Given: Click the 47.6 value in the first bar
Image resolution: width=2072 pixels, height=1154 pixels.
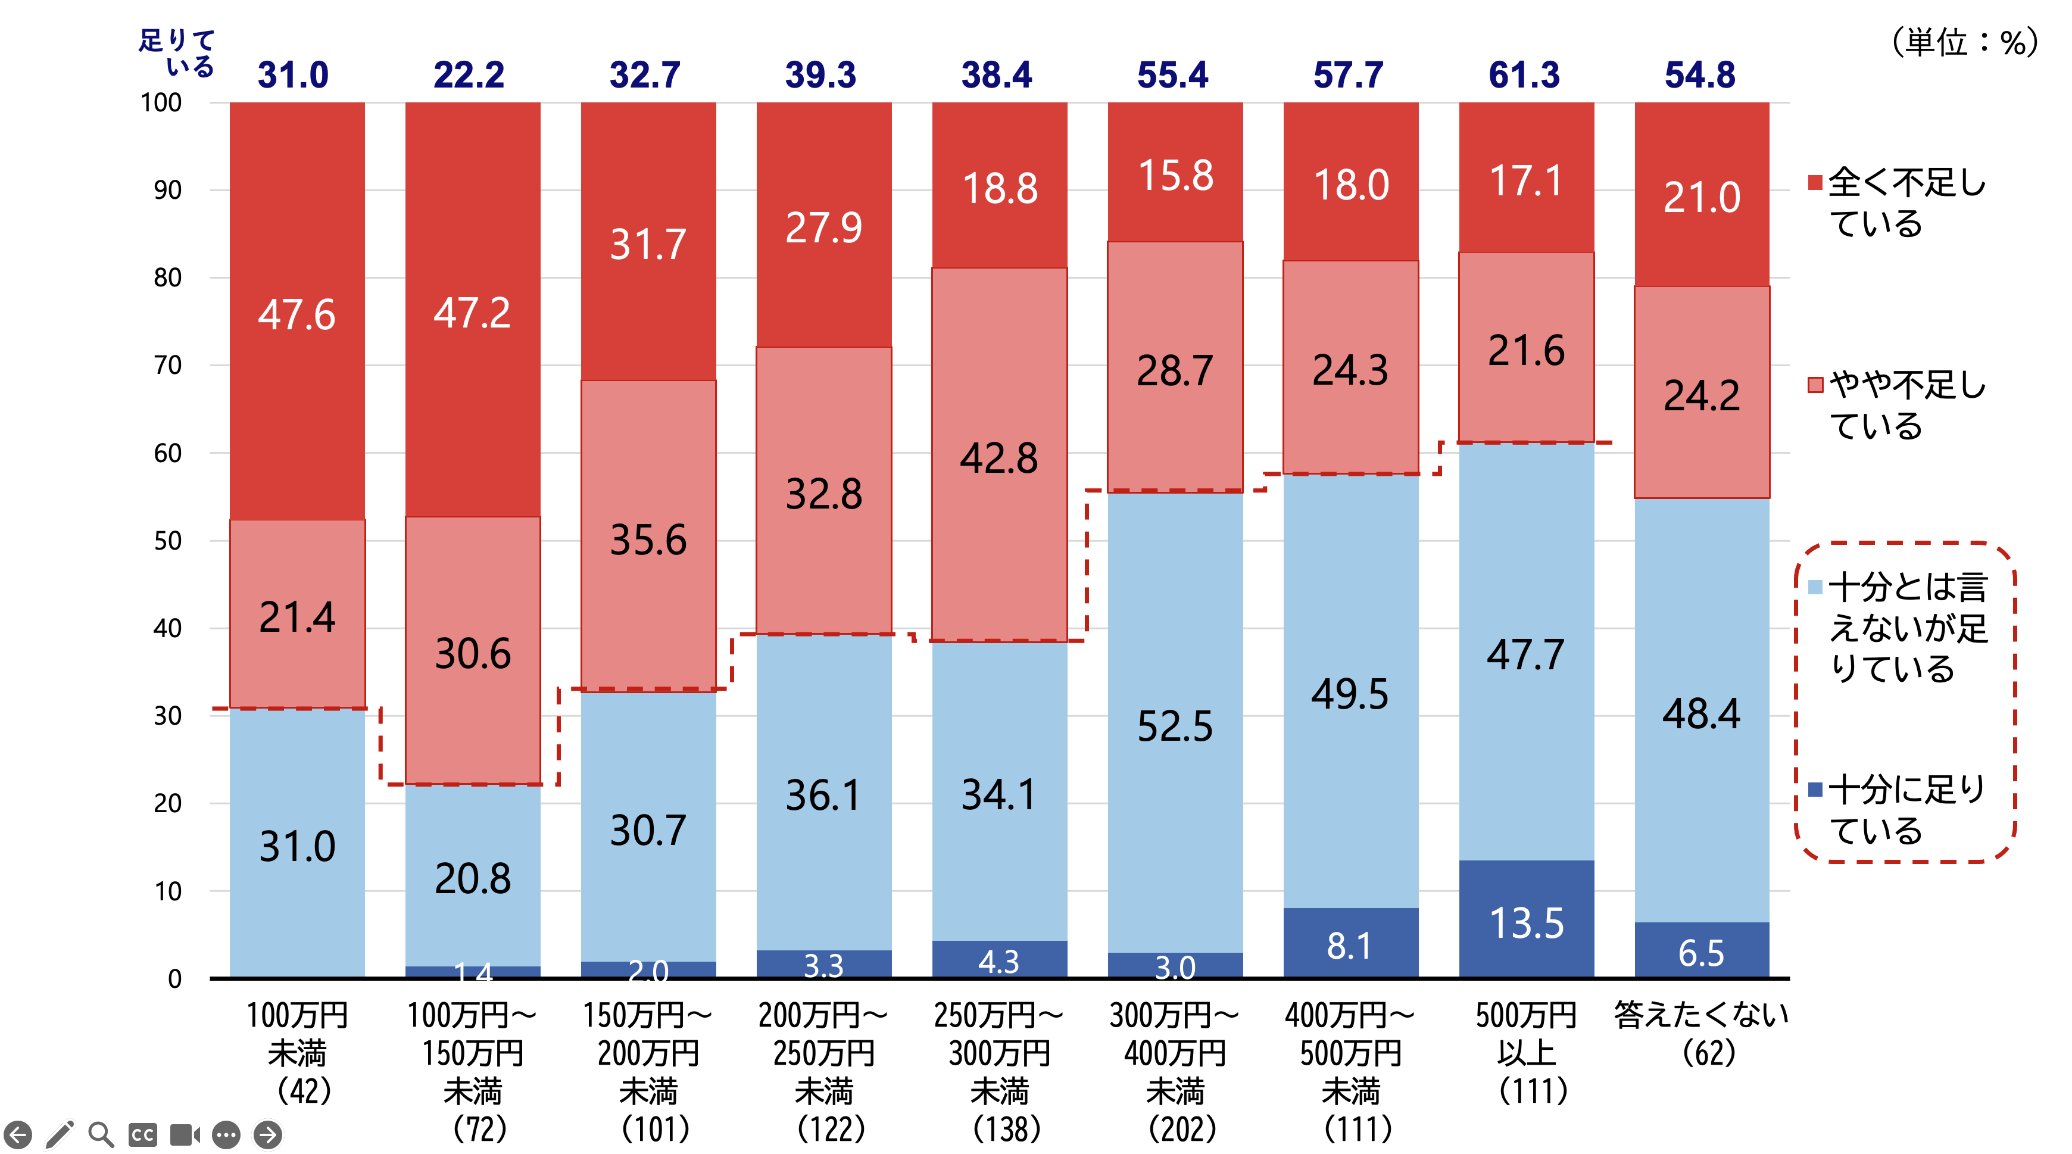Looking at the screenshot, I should point(296,314).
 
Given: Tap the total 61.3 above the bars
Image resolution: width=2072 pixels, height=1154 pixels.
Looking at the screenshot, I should point(1524,75).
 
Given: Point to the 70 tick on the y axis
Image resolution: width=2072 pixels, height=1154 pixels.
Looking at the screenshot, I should point(167,365).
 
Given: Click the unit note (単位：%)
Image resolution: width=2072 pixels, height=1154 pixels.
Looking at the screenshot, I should point(1962,42).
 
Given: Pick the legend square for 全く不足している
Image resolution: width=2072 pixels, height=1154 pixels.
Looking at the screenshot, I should point(1815,183).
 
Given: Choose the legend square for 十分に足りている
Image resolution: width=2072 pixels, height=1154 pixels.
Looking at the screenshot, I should point(1815,790).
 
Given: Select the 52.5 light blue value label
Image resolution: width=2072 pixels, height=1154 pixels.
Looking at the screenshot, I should point(1174,726).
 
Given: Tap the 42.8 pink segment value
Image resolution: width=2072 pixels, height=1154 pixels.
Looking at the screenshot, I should point(999,459).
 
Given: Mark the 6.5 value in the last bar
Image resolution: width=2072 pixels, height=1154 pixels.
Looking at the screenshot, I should point(1701,953).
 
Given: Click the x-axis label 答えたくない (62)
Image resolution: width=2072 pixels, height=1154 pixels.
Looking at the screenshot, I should point(1701,1033).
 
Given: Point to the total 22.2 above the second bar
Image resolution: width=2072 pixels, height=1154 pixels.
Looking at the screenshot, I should point(469,75).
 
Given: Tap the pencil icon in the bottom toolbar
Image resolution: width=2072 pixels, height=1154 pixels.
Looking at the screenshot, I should point(60,1134).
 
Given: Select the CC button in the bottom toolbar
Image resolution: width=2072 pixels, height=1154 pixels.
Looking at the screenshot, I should point(142,1135).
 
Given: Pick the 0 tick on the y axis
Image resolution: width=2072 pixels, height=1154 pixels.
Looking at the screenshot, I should point(174,979).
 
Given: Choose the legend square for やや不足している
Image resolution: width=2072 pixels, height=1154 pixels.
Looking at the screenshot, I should point(1815,385).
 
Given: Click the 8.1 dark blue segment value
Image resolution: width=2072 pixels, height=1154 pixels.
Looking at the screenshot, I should point(1349,946).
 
